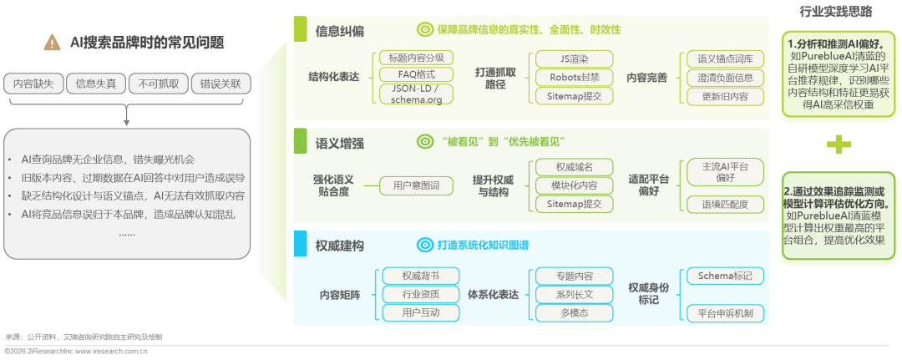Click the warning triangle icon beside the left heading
click(52, 43)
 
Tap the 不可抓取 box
click(158, 84)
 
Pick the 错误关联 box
click(220, 84)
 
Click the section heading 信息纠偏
click(340, 31)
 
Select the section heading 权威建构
click(340, 246)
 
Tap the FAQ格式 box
click(415, 74)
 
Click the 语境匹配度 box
click(724, 204)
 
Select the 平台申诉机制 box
click(724, 312)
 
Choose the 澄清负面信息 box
click(724, 78)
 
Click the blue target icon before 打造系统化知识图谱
click(424, 246)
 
